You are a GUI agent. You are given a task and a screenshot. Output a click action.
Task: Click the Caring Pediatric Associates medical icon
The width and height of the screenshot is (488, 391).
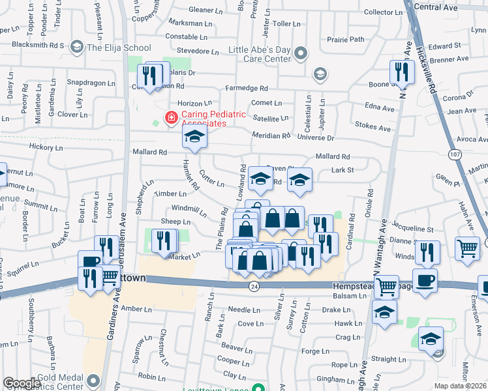coord(171,118)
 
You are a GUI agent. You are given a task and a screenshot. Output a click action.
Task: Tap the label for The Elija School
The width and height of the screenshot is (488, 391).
coord(119,48)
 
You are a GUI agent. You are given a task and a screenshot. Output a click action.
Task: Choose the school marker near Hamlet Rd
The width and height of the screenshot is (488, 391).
coord(194,137)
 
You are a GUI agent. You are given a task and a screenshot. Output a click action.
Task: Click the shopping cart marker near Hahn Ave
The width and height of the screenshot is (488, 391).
coord(467,248)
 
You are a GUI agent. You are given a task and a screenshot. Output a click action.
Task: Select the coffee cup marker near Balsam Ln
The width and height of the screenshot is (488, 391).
coord(425,280)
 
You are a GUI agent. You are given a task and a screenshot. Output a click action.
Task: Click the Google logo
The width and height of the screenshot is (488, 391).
coord(22,383)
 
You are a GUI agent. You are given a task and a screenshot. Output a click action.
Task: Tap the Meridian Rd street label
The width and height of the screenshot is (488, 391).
coord(271,136)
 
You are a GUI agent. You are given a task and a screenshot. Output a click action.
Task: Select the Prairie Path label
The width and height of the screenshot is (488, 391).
coord(347,39)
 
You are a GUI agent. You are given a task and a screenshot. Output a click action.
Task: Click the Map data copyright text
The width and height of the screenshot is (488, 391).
coord(459,386)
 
